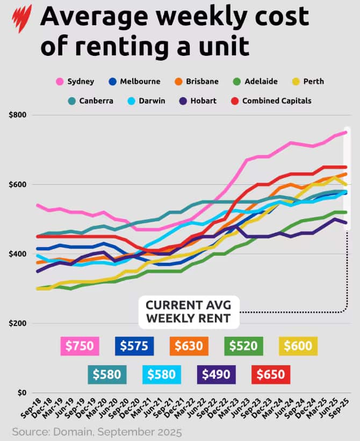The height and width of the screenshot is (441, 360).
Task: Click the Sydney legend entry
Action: click(x=76, y=82)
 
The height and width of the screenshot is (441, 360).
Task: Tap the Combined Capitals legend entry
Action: click(x=271, y=100)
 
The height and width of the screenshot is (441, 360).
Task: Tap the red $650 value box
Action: click(x=271, y=373)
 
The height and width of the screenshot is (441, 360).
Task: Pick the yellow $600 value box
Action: click(x=299, y=346)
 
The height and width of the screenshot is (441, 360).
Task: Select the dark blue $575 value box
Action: click(x=134, y=346)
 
